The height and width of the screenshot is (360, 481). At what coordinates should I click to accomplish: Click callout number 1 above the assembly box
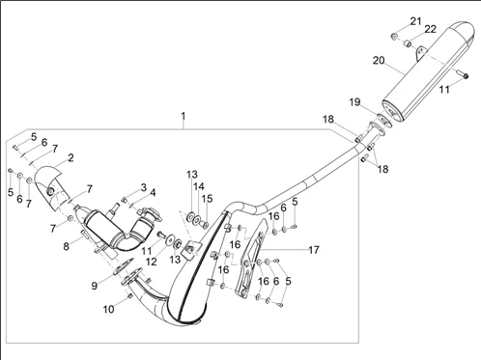(184, 116)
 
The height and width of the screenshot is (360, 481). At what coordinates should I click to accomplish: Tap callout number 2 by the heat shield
(71, 157)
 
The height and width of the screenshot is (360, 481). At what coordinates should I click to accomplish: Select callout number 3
(143, 187)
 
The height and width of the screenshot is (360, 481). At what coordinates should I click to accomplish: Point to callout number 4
(153, 193)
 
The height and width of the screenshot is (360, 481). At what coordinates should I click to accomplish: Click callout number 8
(66, 246)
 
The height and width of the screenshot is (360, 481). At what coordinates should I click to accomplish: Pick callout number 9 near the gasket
(95, 286)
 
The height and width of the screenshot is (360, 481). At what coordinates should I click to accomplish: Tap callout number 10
(109, 309)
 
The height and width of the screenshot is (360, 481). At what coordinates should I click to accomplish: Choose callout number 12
(152, 262)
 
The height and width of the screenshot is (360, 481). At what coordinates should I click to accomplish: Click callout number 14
(199, 186)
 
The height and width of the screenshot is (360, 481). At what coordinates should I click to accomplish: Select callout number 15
(208, 199)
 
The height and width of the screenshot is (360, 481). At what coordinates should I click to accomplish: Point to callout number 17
(314, 250)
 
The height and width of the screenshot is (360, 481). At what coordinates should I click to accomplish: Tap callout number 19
(354, 102)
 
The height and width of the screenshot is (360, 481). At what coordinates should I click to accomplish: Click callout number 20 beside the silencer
(379, 60)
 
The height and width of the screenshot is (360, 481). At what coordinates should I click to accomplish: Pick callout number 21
(415, 21)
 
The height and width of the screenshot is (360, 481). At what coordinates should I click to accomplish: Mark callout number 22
(430, 29)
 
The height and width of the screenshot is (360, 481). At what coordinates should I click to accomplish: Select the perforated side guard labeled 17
(252, 258)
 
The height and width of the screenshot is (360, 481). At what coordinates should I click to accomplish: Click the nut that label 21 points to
(394, 37)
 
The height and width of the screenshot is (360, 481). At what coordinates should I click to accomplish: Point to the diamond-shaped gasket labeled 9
(123, 266)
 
